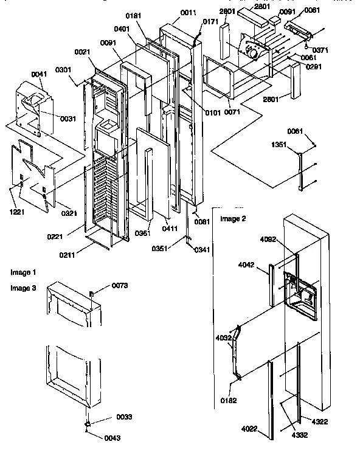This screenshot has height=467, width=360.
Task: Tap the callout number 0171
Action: coord(210,22)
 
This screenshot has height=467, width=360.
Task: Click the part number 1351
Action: coord(279,145)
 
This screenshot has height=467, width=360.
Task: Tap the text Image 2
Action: coord(233,219)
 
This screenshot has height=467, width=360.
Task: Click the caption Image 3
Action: coord(23,288)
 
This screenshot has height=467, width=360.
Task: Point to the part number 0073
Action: coord(119,286)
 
